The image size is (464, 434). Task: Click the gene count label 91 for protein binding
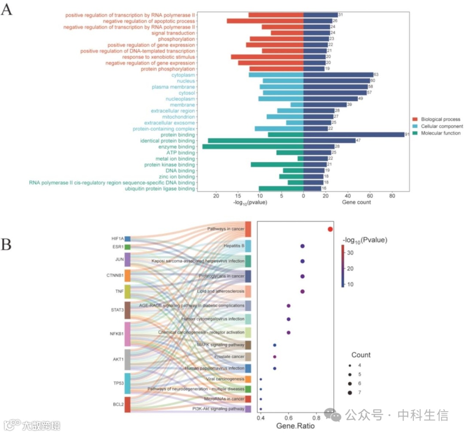[x=406, y=135]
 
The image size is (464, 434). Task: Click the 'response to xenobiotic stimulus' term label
[x=159, y=57]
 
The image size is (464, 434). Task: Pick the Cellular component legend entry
[x=442, y=126]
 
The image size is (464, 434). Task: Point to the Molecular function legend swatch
[x=415, y=133]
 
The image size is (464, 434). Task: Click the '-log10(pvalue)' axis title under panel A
[x=250, y=202]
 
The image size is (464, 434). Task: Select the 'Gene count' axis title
[x=356, y=202]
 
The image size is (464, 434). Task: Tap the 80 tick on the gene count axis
[x=392, y=196]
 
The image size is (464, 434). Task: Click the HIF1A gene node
[x=128, y=239]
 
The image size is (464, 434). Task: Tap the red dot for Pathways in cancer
[x=330, y=229]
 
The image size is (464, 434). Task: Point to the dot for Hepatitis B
[x=302, y=246]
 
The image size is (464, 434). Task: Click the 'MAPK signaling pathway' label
[x=220, y=345]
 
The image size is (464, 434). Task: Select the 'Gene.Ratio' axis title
[x=295, y=426]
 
